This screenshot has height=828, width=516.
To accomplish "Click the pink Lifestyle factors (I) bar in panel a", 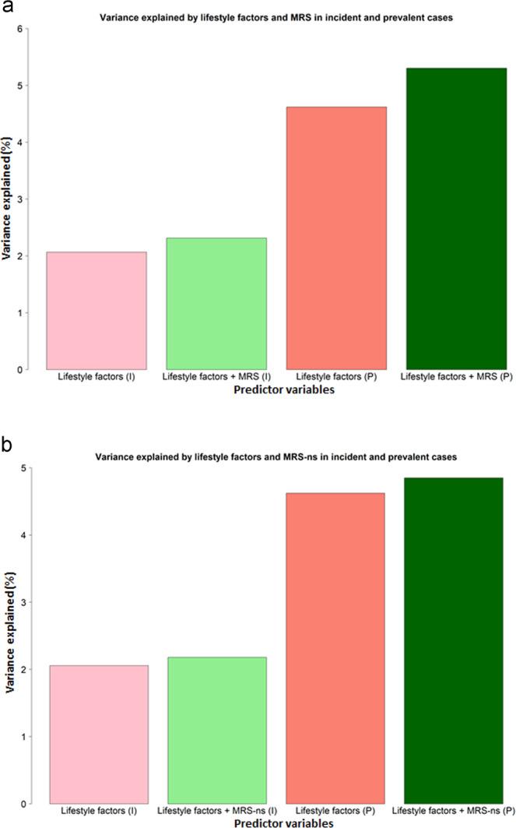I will (x=97, y=311).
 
